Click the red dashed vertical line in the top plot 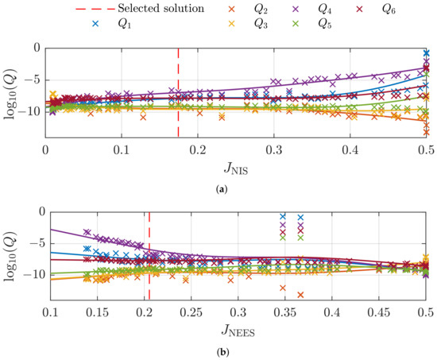click(178, 87)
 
